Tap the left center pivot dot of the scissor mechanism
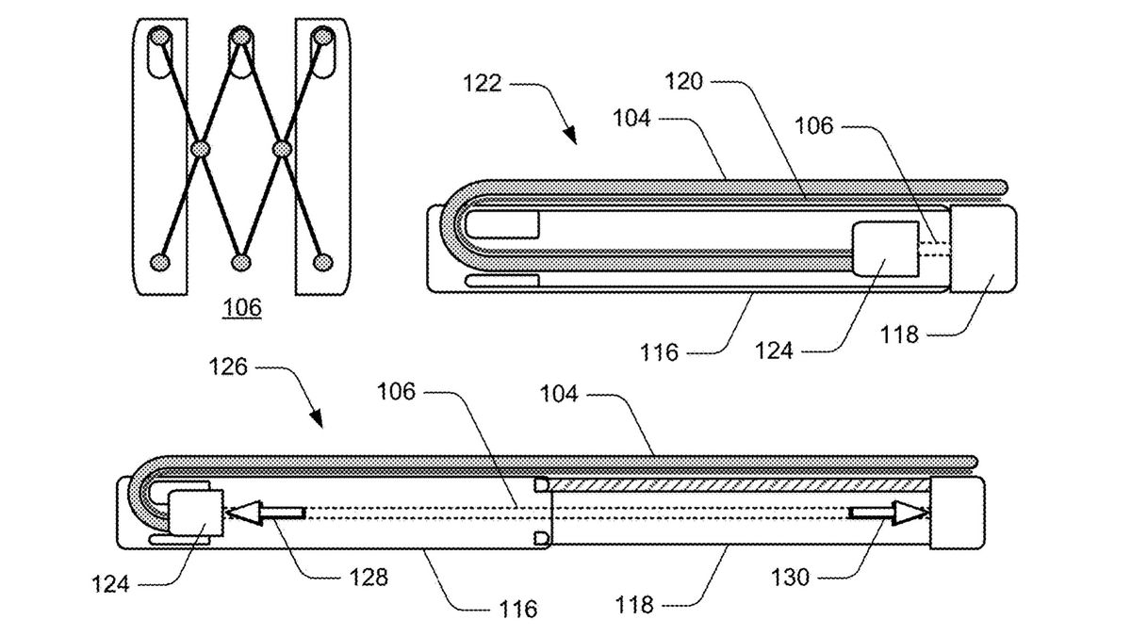click(x=200, y=149)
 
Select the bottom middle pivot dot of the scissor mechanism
click(x=240, y=261)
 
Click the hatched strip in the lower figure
click(x=739, y=483)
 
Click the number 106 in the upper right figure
click(x=813, y=124)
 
